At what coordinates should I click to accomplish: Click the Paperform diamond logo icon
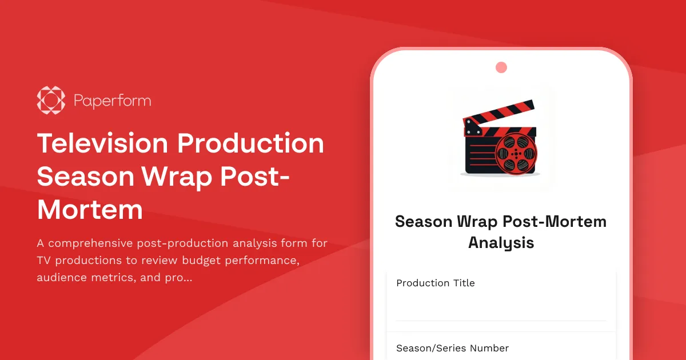(51, 101)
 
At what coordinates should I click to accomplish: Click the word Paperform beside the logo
(113, 101)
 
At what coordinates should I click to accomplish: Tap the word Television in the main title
(103, 143)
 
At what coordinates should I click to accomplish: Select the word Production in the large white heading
(251, 143)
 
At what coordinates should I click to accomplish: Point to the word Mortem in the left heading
(90, 210)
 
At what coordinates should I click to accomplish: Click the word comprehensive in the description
(91, 243)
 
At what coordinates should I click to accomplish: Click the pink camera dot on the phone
(501, 67)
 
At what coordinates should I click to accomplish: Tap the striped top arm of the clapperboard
(498, 113)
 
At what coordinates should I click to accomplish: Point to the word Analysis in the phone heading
(501, 242)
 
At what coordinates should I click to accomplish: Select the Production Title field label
(436, 283)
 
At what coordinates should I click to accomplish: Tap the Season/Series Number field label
(452, 348)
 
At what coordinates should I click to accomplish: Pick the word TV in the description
(45, 261)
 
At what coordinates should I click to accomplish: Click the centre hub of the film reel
(516, 154)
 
